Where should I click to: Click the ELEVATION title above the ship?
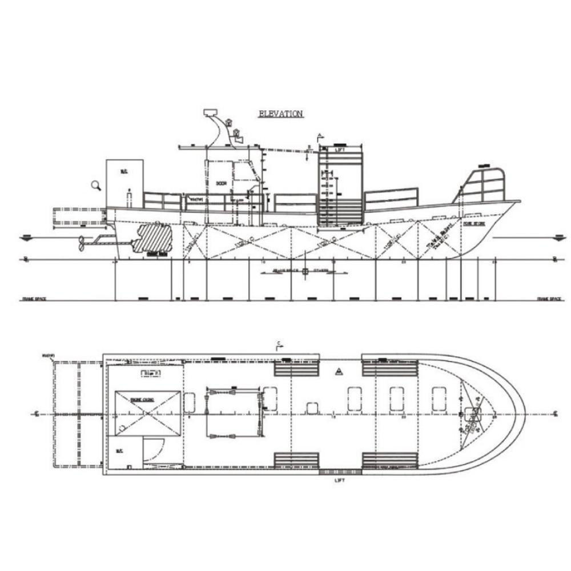[x=280, y=114]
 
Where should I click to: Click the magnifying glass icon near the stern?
[x=96, y=184]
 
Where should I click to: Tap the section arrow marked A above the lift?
[x=320, y=136]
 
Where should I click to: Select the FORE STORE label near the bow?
[x=474, y=224]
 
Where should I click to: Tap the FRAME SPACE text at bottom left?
[x=34, y=299]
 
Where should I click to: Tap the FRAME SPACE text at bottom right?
[x=549, y=299]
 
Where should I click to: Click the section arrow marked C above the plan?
[x=279, y=344]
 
